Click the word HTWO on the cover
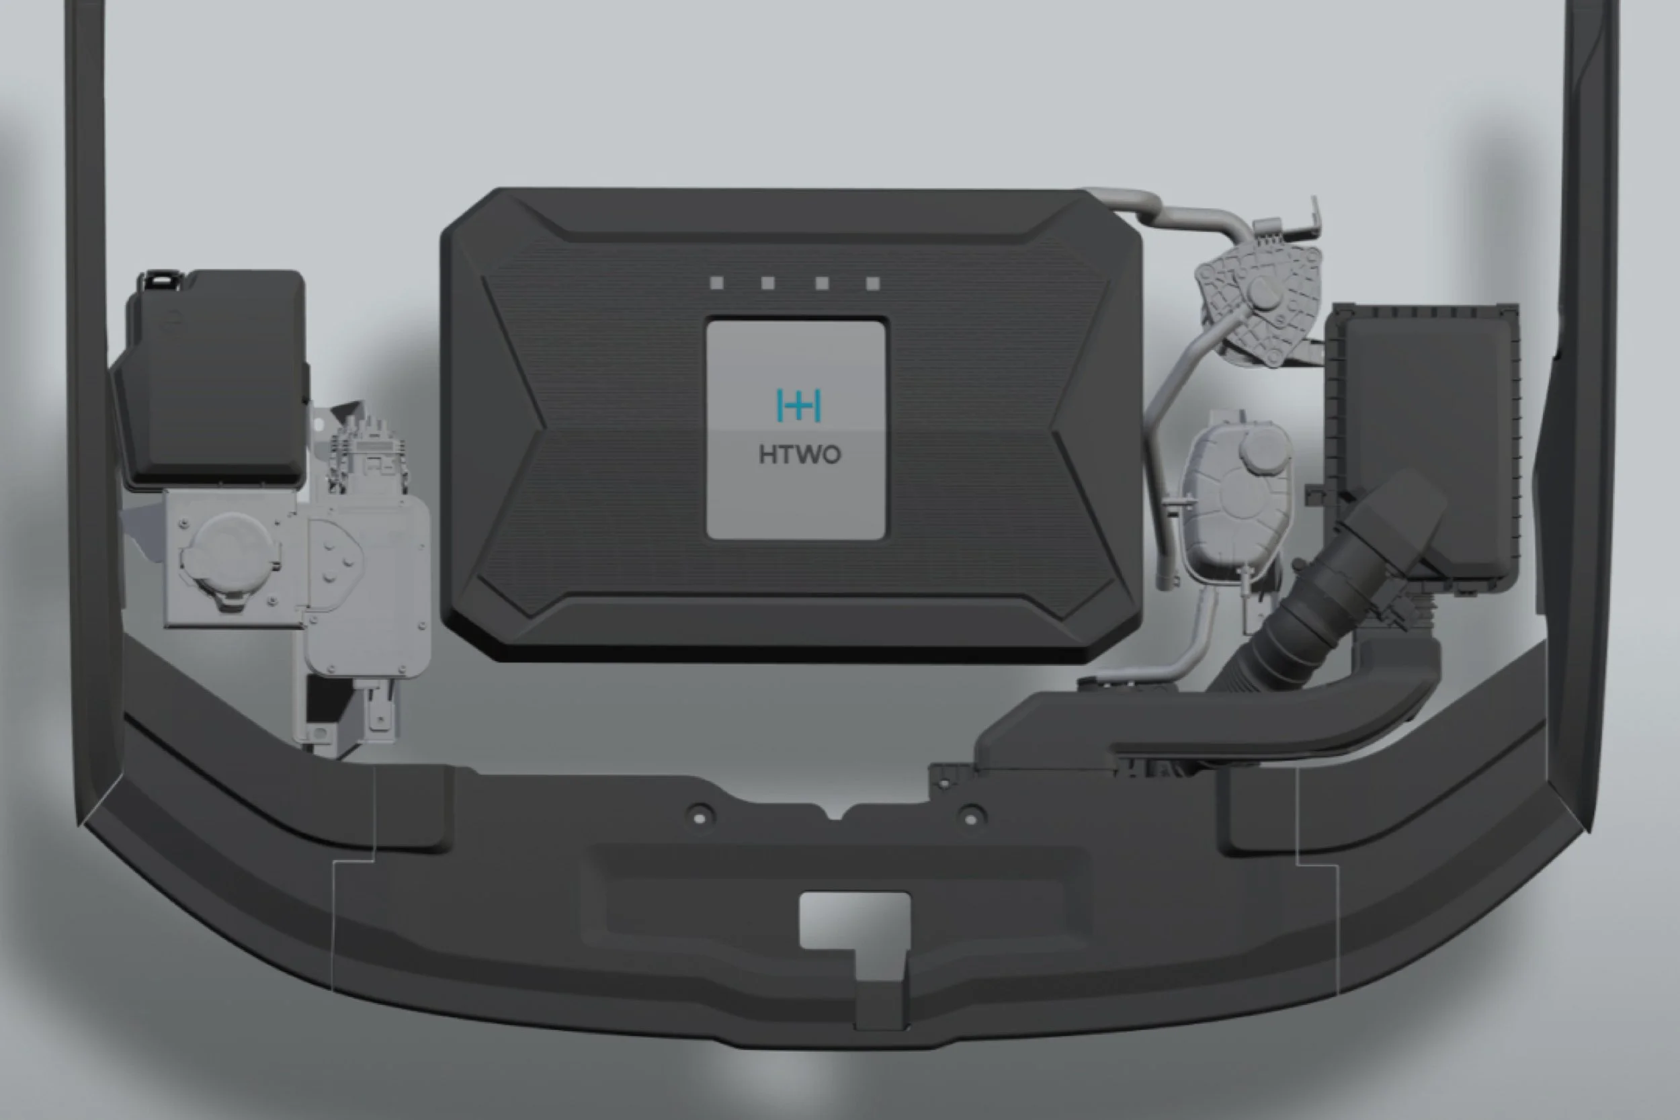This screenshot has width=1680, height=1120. click(x=799, y=455)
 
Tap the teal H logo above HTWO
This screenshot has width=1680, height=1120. click(x=798, y=405)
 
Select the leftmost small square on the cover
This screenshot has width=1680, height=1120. click(x=716, y=283)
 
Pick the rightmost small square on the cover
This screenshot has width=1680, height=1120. click(x=872, y=284)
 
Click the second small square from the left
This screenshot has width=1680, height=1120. click(x=768, y=283)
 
